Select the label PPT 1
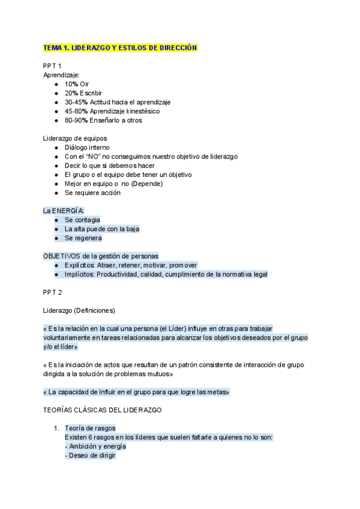pyautogui.click(x=52, y=65)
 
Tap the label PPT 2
pyautogui.click(x=52, y=292)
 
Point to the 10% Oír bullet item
pyautogui.click(x=77, y=84)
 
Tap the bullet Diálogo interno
pyautogui.click(x=88, y=147)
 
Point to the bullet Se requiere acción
pyautogui.click(x=92, y=193)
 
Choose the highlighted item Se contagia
pyautogui.click(x=82, y=220)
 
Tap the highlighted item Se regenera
pyautogui.click(x=83, y=238)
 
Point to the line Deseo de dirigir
pyautogui.click(x=89, y=456)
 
